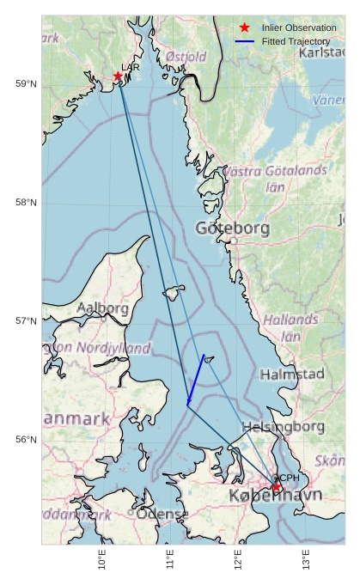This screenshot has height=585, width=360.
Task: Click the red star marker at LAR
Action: click(118, 76)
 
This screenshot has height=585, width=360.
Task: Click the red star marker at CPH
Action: click(277, 487)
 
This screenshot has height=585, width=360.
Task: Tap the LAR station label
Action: click(131, 67)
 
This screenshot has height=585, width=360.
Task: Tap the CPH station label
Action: click(288, 478)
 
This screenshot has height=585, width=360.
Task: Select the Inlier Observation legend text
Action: click(299, 28)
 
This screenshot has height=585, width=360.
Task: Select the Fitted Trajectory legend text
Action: click(296, 41)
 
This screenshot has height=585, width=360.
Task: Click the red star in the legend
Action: click(245, 28)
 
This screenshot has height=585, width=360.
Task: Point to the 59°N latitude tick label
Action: click(27, 83)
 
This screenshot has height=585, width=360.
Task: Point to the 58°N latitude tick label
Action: click(27, 202)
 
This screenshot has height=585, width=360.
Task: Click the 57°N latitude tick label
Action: click(27, 320)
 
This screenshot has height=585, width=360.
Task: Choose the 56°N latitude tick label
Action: click(27, 439)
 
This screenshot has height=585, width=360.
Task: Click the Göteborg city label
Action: click(232, 229)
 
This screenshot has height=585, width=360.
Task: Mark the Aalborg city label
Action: click(102, 308)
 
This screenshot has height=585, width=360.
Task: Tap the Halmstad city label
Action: click(292, 374)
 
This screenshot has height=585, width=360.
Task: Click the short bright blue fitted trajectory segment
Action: click(196, 379)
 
